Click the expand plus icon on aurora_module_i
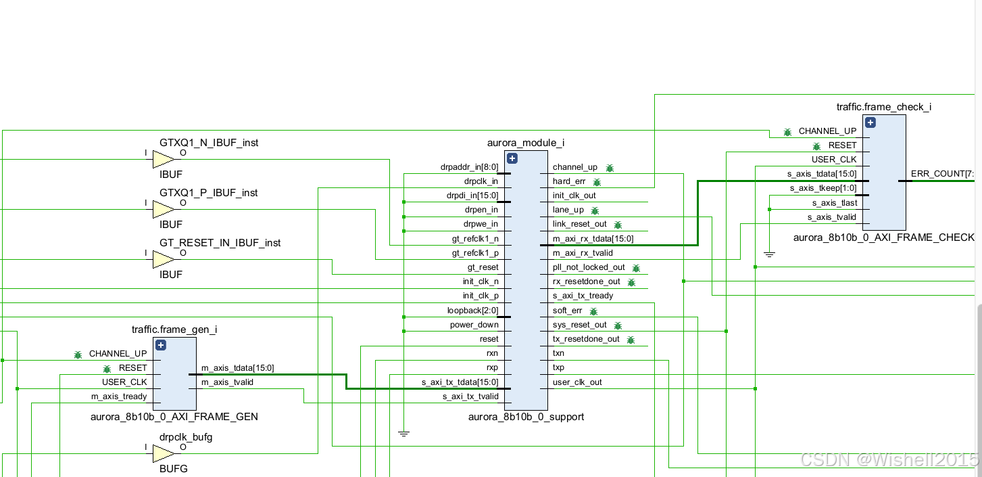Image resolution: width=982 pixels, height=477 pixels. [x=512, y=158]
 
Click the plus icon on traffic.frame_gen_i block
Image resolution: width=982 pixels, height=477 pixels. [x=161, y=345]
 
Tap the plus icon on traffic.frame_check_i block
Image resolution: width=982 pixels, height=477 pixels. [x=870, y=122]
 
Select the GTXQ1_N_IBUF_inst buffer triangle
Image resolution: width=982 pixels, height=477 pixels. [x=162, y=160]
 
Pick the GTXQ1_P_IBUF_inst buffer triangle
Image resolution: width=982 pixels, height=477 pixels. [x=162, y=210]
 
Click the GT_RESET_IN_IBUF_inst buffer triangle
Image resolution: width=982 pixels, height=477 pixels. [x=162, y=260]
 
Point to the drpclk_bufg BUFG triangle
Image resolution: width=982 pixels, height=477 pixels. [x=162, y=454]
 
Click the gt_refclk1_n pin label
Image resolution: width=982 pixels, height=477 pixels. [x=474, y=239]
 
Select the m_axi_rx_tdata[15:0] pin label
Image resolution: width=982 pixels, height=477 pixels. [x=593, y=239]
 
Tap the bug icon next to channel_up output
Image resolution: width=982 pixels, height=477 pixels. [x=610, y=168]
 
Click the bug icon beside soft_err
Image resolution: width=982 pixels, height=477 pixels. [x=593, y=311]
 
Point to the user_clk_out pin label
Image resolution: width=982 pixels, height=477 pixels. [x=577, y=382]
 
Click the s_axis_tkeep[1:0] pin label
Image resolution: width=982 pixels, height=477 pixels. [x=823, y=188]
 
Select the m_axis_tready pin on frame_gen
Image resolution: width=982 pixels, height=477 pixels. [x=119, y=396]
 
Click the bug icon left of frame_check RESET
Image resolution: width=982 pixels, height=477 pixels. [x=816, y=145]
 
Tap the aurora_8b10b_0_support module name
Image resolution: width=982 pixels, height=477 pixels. [x=526, y=417]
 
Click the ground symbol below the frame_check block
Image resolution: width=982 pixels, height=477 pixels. [x=769, y=254]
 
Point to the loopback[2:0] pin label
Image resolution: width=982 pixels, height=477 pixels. [x=472, y=311]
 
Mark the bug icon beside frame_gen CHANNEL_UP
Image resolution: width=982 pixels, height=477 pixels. [x=78, y=354]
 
